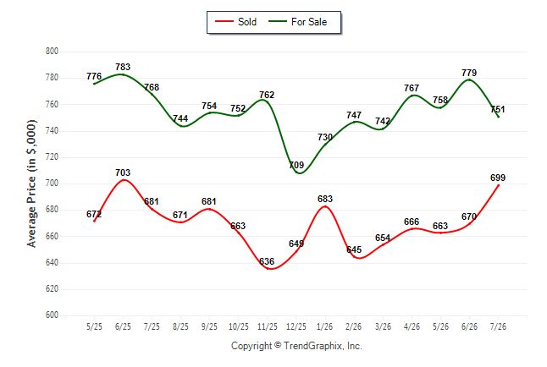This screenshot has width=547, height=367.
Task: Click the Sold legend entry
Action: [x=236, y=22]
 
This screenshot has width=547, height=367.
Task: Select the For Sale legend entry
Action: [x=297, y=22]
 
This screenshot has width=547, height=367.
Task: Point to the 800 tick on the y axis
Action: [x=52, y=52]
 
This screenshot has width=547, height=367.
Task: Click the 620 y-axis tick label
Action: [x=52, y=289]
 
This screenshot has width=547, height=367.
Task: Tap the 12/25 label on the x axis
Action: [x=296, y=327]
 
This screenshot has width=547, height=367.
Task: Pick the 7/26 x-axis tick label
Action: [x=498, y=327]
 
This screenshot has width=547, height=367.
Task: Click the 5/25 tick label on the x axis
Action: [x=94, y=327]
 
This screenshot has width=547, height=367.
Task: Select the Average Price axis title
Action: [x=31, y=183]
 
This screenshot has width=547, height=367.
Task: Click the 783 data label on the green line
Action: [x=123, y=67]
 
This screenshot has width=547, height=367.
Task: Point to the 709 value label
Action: [x=296, y=165]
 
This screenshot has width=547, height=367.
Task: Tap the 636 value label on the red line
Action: [x=267, y=261]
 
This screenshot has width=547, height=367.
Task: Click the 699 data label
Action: [x=498, y=178]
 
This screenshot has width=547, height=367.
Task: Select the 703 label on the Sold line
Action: [x=123, y=173]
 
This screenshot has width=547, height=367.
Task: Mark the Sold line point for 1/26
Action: [x=325, y=206]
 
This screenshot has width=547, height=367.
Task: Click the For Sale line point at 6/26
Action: [x=469, y=79]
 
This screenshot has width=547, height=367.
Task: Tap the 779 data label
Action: [x=469, y=73]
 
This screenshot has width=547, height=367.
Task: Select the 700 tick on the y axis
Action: [x=52, y=183]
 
